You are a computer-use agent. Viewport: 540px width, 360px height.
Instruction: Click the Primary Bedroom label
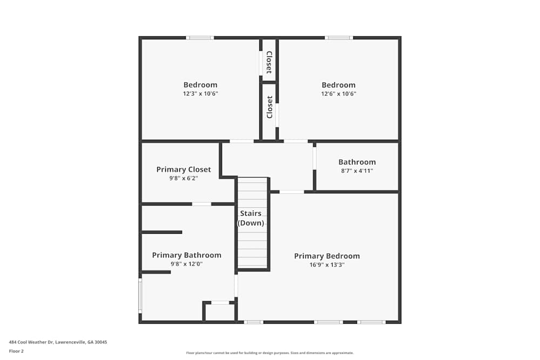(x=327, y=256)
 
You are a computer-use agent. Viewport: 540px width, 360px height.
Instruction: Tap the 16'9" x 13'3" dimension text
(x=327, y=265)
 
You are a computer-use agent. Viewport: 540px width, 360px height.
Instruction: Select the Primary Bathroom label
(x=186, y=255)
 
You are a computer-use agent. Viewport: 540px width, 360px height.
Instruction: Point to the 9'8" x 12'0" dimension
(x=186, y=264)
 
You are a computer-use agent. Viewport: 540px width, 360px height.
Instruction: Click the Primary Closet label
(x=184, y=169)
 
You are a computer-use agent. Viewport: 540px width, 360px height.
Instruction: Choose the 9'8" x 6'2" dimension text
(x=184, y=178)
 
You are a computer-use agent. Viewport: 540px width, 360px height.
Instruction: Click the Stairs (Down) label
(x=251, y=218)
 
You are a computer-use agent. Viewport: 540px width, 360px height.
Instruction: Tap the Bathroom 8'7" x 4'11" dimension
(x=357, y=171)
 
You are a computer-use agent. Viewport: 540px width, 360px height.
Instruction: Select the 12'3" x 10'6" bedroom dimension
(x=200, y=93)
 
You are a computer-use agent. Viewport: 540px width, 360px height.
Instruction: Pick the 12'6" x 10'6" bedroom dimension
(x=339, y=93)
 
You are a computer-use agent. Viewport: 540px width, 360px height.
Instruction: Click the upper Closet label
(x=268, y=62)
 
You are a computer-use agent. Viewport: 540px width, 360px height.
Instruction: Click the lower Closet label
(x=269, y=107)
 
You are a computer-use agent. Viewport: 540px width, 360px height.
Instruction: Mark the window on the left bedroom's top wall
(x=200, y=38)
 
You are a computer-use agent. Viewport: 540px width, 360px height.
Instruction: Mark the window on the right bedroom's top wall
(x=339, y=38)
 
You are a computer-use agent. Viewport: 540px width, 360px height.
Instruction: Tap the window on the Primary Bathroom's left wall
(x=140, y=295)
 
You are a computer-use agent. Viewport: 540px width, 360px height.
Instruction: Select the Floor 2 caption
(x=16, y=351)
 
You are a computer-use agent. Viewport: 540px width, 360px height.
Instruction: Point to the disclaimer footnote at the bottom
(x=270, y=352)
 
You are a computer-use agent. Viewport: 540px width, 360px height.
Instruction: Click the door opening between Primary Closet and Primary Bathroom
(x=201, y=204)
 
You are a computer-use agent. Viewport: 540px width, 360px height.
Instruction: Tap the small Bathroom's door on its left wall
(x=314, y=159)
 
